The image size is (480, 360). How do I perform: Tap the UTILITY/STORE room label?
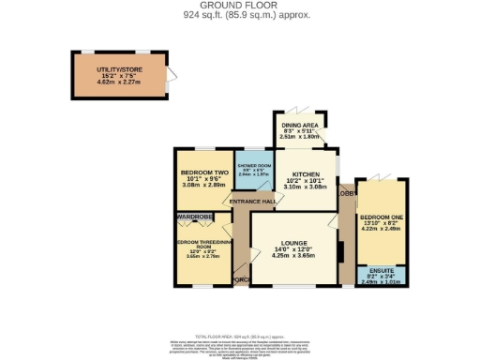tap(119, 70)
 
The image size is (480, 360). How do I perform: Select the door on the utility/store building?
tap(170, 81)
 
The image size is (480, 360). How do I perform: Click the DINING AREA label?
tap(300, 125)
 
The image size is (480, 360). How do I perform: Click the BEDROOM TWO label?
tap(203, 173)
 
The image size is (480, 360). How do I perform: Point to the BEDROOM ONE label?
tap(380, 218)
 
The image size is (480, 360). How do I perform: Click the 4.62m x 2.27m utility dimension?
tap(119, 82)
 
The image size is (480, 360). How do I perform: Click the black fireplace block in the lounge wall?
tap(341, 253)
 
